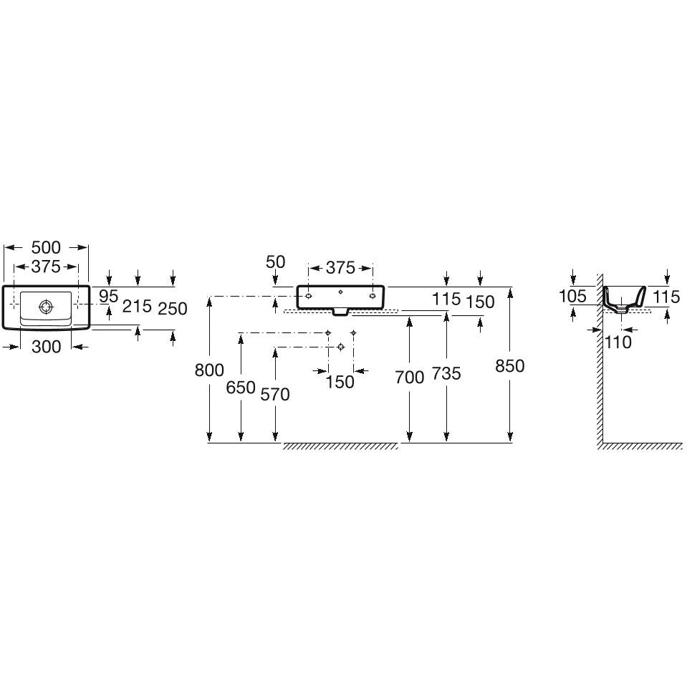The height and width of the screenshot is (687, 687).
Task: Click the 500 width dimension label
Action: tap(46, 248)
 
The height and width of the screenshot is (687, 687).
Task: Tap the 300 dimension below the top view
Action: tap(47, 347)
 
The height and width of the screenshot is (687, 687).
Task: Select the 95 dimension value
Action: tap(108, 297)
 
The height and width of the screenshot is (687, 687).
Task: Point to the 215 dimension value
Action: tap(137, 307)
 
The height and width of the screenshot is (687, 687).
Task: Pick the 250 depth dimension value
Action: tap(173, 309)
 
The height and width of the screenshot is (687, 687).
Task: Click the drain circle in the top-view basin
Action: tap(46, 307)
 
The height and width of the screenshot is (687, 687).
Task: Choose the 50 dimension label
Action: tap(276, 262)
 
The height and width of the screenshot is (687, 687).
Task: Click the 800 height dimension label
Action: tap(209, 370)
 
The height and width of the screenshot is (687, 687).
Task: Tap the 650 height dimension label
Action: tap(241, 388)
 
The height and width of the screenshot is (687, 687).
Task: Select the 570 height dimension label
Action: tap(275, 394)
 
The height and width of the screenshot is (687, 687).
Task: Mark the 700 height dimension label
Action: tap(410, 378)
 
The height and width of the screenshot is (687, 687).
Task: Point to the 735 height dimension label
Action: tap(446, 374)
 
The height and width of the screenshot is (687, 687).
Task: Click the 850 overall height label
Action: tap(510, 366)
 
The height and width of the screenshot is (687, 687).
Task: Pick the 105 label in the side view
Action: tap(572, 296)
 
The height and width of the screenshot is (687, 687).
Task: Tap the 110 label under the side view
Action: tap(618, 342)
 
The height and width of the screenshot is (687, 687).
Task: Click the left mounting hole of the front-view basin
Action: tap(309, 296)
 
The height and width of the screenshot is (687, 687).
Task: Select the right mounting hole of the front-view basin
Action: tap(373, 296)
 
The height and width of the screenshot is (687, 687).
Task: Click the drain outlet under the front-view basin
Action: tap(340, 312)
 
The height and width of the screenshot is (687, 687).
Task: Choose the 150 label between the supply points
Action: tap(340, 382)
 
